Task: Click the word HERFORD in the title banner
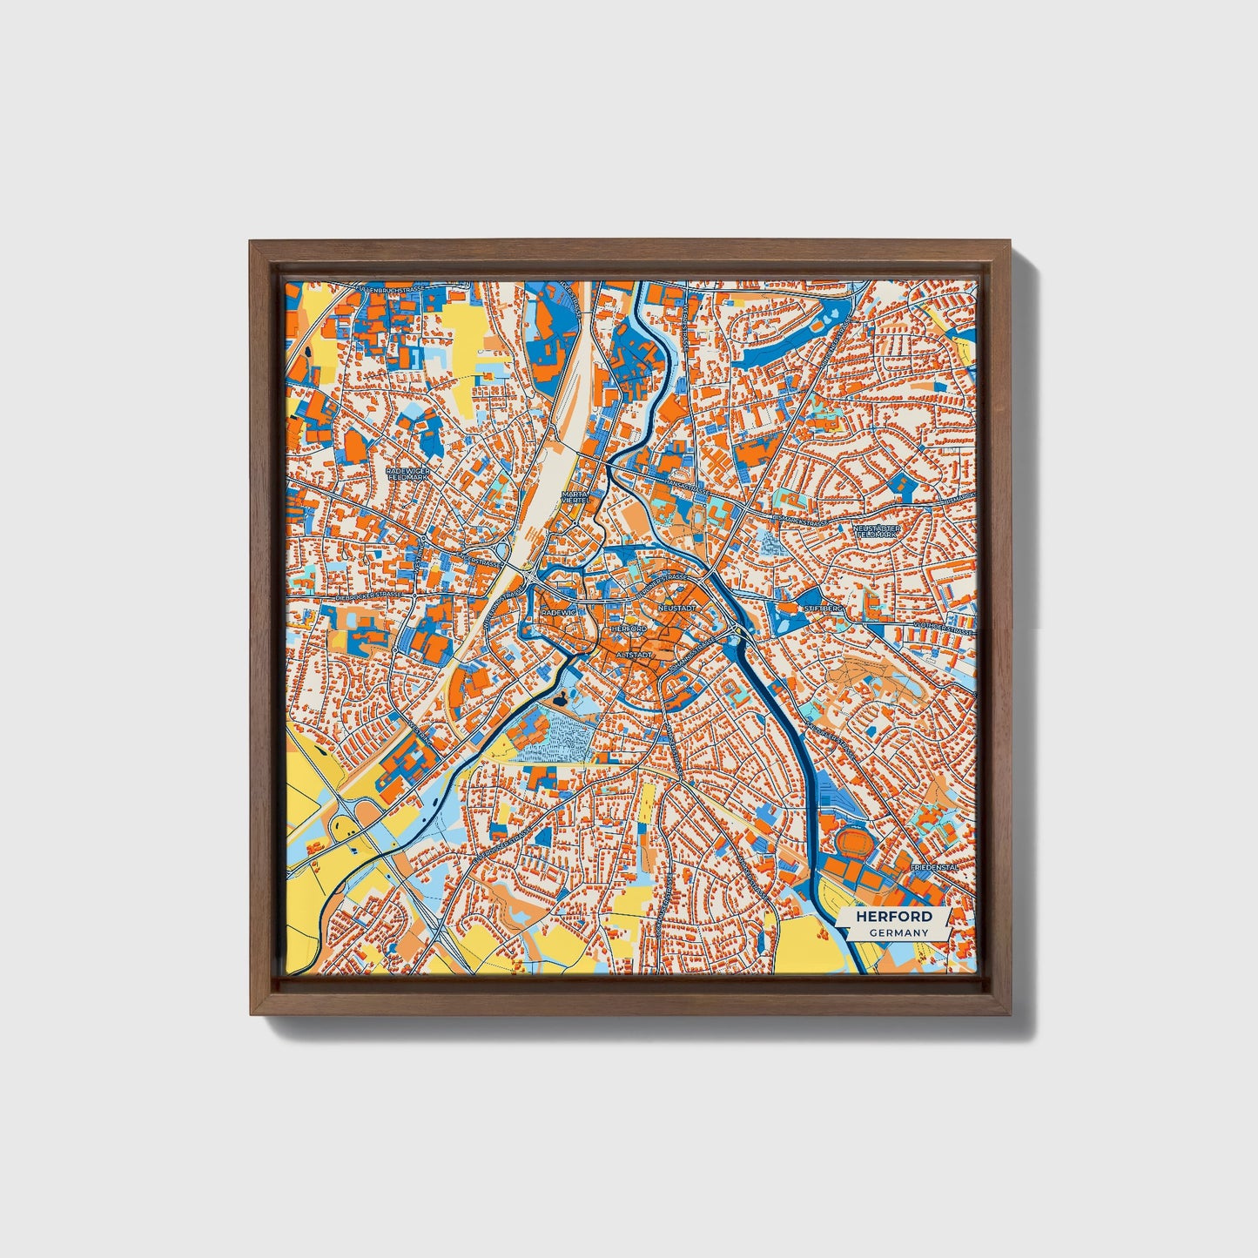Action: point(894,917)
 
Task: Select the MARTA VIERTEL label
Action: point(575,497)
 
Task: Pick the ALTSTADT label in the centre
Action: point(634,653)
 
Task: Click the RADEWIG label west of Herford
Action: point(558,613)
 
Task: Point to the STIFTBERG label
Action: point(824,609)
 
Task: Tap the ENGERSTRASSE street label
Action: point(481,562)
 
